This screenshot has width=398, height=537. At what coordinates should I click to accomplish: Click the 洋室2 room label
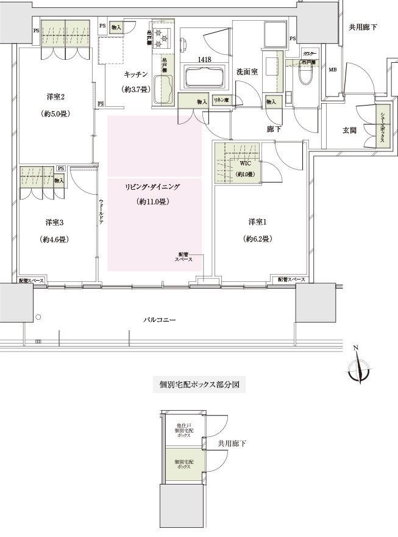point(54,97)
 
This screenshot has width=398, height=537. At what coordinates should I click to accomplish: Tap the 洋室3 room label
point(54,222)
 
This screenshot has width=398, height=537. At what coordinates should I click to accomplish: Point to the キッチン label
point(136,74)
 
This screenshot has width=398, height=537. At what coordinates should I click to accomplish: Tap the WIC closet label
point(245,163)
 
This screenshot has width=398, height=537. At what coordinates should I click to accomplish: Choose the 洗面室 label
point(247,72)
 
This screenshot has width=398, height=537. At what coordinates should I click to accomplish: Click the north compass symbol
point(358,369)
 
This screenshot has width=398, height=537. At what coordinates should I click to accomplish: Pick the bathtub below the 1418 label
point(204,77)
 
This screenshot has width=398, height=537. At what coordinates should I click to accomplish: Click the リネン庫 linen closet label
point(221,100)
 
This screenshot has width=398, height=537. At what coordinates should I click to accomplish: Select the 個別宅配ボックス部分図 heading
point(199,386)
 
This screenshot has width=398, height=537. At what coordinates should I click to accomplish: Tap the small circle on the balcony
point(38,317)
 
